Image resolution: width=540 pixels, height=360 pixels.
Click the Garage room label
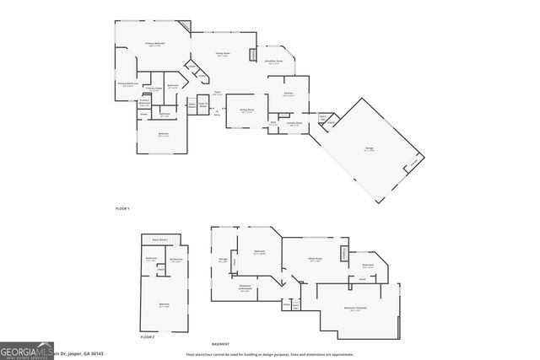[369, 149]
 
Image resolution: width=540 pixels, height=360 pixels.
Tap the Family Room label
[224, 55]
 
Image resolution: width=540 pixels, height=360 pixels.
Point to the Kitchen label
[288, 94]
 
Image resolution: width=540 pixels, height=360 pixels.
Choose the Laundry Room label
[296, 123]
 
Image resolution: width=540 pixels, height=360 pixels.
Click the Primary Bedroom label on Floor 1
[154, 45]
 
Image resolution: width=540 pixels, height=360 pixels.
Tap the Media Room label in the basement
[316, 260]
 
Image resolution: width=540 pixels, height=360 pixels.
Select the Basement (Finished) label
[355, 309]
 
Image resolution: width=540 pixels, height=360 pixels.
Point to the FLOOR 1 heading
[122, 207]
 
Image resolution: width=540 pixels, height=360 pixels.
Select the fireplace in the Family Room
[253, 56]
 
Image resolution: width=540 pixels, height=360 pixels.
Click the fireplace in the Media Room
[344, 255]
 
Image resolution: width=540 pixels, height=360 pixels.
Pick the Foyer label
[217, 93]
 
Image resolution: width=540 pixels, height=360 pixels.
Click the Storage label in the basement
[222, 260]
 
